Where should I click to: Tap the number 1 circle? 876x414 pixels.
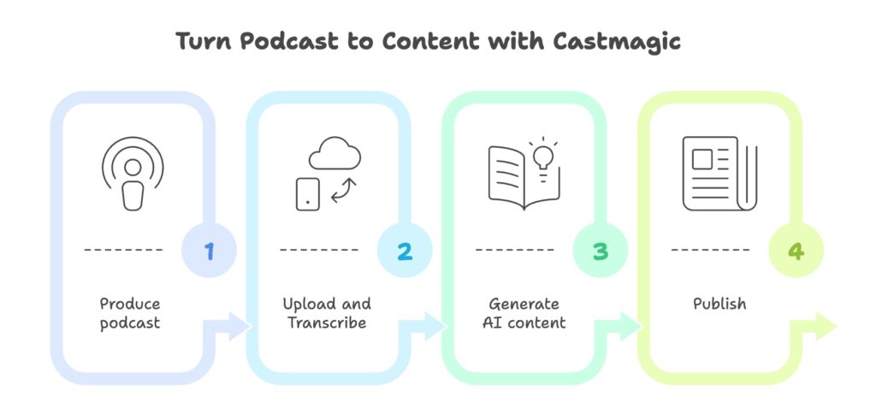point(209,251)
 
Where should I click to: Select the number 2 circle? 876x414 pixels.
point(405,251)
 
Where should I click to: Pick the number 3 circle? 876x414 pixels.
point(601,251)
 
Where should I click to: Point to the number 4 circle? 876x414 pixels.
point(796,251)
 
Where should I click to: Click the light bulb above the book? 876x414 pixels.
point(542,156)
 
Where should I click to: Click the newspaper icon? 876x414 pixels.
point(719,174)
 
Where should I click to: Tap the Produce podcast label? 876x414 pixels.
point(130,313)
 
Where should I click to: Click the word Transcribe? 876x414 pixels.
point(327,322)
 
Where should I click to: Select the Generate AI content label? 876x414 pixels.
point(523,313)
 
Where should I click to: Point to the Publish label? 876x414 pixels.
point(719,304)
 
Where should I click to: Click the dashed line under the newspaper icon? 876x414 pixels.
point(710,251)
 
